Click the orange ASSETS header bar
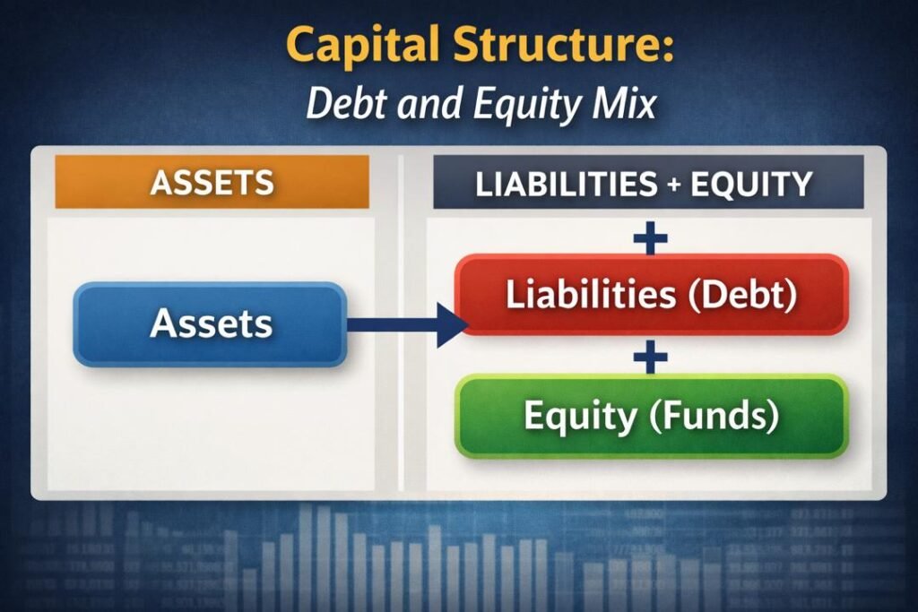tap(212, 183)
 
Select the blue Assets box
tap(210, 323)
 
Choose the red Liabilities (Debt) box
tap(652, 296)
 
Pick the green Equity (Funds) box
tap(652, 417)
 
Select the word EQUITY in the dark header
tap(755, 184)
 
